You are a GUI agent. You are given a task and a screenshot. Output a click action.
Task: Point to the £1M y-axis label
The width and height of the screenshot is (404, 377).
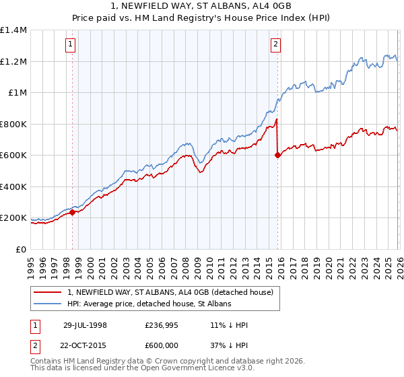coord(17,93)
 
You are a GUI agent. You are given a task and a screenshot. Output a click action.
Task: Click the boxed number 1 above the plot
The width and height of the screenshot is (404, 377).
coord(71,45)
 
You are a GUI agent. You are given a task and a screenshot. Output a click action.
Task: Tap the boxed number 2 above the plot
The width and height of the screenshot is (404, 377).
coord(276,45)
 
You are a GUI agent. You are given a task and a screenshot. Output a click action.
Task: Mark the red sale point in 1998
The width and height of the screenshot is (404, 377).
coord(73,212)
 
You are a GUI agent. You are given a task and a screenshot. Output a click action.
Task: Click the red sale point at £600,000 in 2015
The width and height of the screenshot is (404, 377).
coord(277,155)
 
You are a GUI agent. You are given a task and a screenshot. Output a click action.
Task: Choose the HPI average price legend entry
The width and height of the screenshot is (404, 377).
coord(149,304)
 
